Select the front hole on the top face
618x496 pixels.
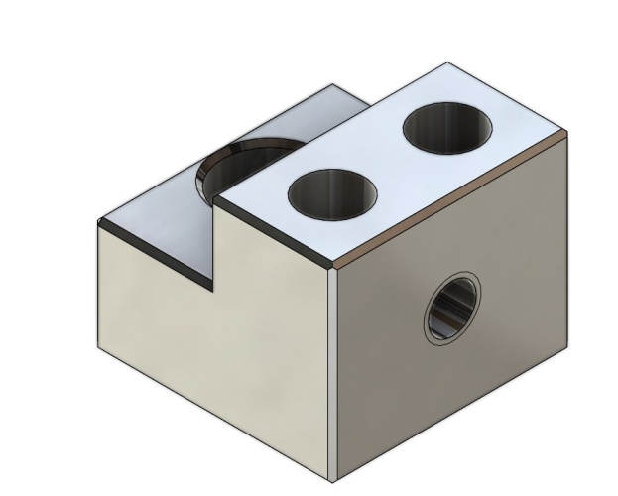click(333, 191)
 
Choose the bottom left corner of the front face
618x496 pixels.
click(99, 344)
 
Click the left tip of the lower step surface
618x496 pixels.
click(99, 223)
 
